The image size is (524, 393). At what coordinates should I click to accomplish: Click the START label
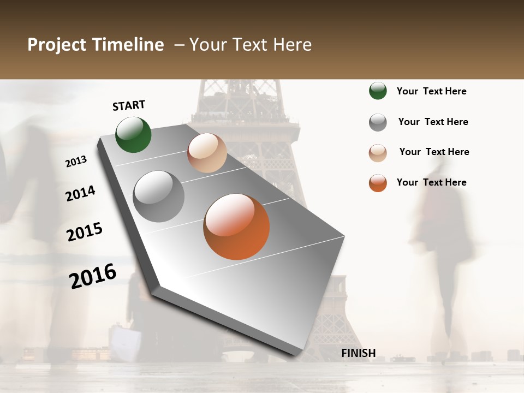(129, 105)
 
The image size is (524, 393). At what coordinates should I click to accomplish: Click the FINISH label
(358, 353)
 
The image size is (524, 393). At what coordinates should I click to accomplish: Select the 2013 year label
(76, 161)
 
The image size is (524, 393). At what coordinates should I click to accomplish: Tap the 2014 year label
(81, 193)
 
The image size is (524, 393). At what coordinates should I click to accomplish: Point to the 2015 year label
(85, 232)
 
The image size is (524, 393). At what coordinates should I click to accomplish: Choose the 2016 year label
(93, 276)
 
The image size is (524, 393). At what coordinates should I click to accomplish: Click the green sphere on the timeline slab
(133, 134)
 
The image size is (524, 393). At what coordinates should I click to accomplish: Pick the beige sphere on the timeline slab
(207, 153)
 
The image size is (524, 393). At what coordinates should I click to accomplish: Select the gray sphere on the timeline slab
(158, 196)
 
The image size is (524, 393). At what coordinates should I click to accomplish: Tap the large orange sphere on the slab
(236, 227)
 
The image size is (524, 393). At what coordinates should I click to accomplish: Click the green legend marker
(378, 91)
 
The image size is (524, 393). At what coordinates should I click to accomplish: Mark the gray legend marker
(378, 122)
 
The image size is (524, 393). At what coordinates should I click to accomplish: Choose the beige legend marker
(378, 153)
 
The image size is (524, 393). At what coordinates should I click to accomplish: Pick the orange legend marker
(378, 183)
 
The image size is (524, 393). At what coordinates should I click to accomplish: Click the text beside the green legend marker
(431, 91)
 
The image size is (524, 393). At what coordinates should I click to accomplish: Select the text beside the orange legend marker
(431, 182)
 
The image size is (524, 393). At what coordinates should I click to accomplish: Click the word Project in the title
(57, 45)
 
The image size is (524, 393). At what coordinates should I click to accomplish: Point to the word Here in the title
(292, 45)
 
